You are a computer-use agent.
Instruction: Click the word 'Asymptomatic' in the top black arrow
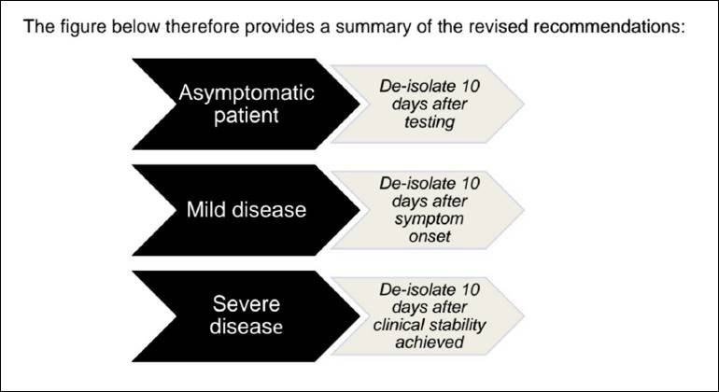point(247,93)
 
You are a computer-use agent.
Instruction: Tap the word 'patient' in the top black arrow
point(247,115)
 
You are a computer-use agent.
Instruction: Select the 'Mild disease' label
point(247,210)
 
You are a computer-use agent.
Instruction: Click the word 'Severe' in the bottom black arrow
point(247,304)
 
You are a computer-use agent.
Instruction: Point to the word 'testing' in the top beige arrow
point(430,122)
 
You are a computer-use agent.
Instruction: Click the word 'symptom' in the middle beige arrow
point(430,219)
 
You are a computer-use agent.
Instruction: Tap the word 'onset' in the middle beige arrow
point(430,236)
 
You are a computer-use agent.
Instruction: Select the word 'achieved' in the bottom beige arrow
point(430,343)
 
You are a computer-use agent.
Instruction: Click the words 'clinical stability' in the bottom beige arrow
point(430,325)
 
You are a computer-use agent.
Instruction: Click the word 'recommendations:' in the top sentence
point(609,26)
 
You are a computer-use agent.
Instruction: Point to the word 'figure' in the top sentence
point(84,26)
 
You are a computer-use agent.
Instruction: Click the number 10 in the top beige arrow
point(471,86)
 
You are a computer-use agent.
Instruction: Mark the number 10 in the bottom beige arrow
point(471,289)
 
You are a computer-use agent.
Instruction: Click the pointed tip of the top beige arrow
point(523,105)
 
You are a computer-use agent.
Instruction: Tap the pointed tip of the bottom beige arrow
point(523,315)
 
